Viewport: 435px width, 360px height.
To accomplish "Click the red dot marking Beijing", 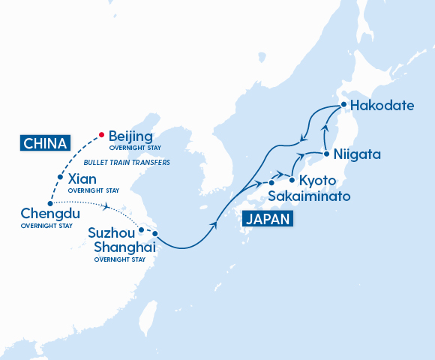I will point(102,136).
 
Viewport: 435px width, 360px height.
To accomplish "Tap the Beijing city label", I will point(130,136).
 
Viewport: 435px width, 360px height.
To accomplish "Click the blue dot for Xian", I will point(60,178).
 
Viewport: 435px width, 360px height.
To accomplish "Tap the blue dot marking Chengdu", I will point(49,203).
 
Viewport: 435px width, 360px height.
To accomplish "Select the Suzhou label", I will point(111,232).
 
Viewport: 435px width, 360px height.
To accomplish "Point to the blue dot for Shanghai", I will point(154,233).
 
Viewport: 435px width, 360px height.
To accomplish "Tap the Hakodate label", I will point(382,105).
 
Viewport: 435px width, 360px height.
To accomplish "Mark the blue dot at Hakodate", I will point(343,105).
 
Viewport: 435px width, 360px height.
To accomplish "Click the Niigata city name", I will point(357,154).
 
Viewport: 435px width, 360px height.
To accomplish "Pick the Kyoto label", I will point(317,181).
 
